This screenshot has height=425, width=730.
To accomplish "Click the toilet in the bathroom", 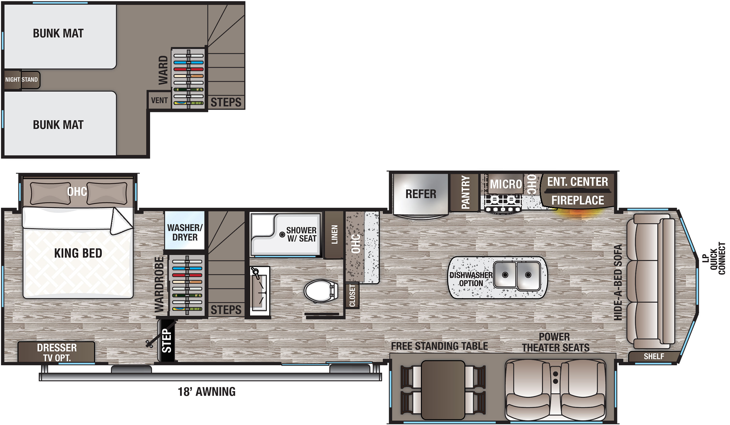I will (320, 291).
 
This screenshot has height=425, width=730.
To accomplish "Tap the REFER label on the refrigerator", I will (421, 194).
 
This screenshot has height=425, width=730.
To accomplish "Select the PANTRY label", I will (465, 192).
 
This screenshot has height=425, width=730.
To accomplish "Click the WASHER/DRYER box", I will (184, 232).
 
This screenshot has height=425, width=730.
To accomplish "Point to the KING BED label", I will (78, 253).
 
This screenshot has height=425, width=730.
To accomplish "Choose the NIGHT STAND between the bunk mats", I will (22, 79).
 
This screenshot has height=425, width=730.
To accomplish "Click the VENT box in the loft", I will (159, 100).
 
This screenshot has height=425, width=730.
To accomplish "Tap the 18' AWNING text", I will (207, 392).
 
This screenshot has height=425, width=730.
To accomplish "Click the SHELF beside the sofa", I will (654, 356).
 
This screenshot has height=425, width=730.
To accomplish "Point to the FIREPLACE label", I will (577, 200).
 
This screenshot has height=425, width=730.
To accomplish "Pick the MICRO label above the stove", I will (506, 184).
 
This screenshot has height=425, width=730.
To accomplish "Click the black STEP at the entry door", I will (166, 341).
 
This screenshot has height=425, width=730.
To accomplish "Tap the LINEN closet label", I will (334, 234).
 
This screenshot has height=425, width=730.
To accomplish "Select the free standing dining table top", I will (443, 389).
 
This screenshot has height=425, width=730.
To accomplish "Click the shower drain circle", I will (282, 234).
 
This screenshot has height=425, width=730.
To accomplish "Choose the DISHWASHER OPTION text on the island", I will (471, 279).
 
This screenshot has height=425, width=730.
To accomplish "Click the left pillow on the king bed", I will (50, 193).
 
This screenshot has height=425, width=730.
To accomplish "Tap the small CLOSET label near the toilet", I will (352, 295).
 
